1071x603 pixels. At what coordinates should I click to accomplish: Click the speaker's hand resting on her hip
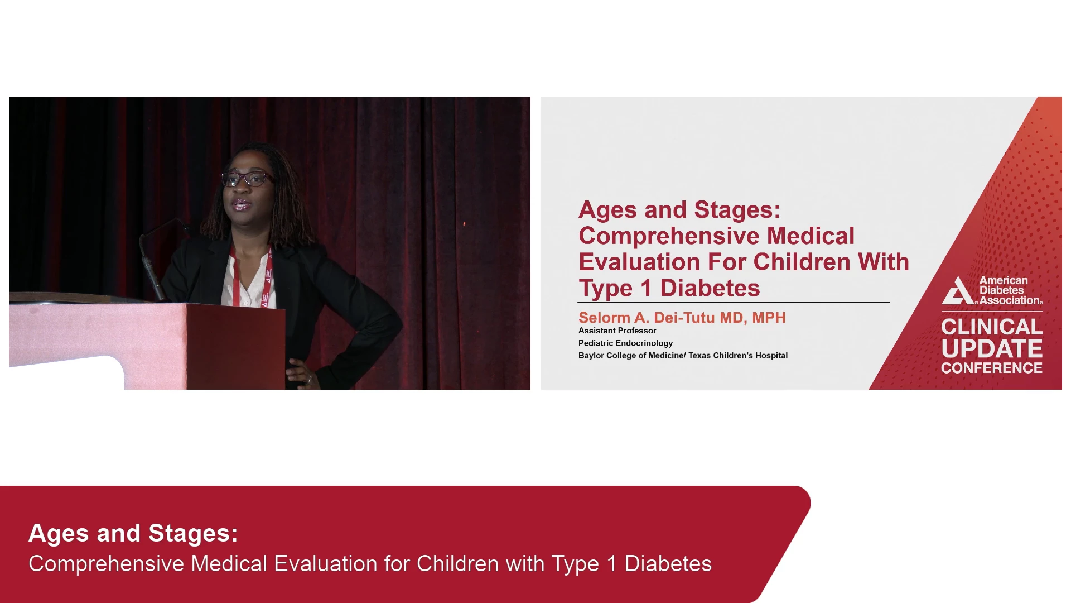click(x=301, y=373)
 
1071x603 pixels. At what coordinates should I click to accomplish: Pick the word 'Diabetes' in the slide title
click(x=710, y=288)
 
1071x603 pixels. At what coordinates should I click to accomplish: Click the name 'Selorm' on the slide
click(x=604, y=318)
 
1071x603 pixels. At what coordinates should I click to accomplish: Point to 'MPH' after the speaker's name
click(x=769, y=318)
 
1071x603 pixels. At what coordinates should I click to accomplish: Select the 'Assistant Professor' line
click(x=617, y=331)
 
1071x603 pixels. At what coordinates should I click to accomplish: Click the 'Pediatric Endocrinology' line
click(x=625, y=343)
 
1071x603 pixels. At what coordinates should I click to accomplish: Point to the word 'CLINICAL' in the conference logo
click(x=992, y=327)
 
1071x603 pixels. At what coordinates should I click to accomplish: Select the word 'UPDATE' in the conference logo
click(x=992, y=349)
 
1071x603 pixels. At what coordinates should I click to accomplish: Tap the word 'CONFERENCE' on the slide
click(x=992, y=368)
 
